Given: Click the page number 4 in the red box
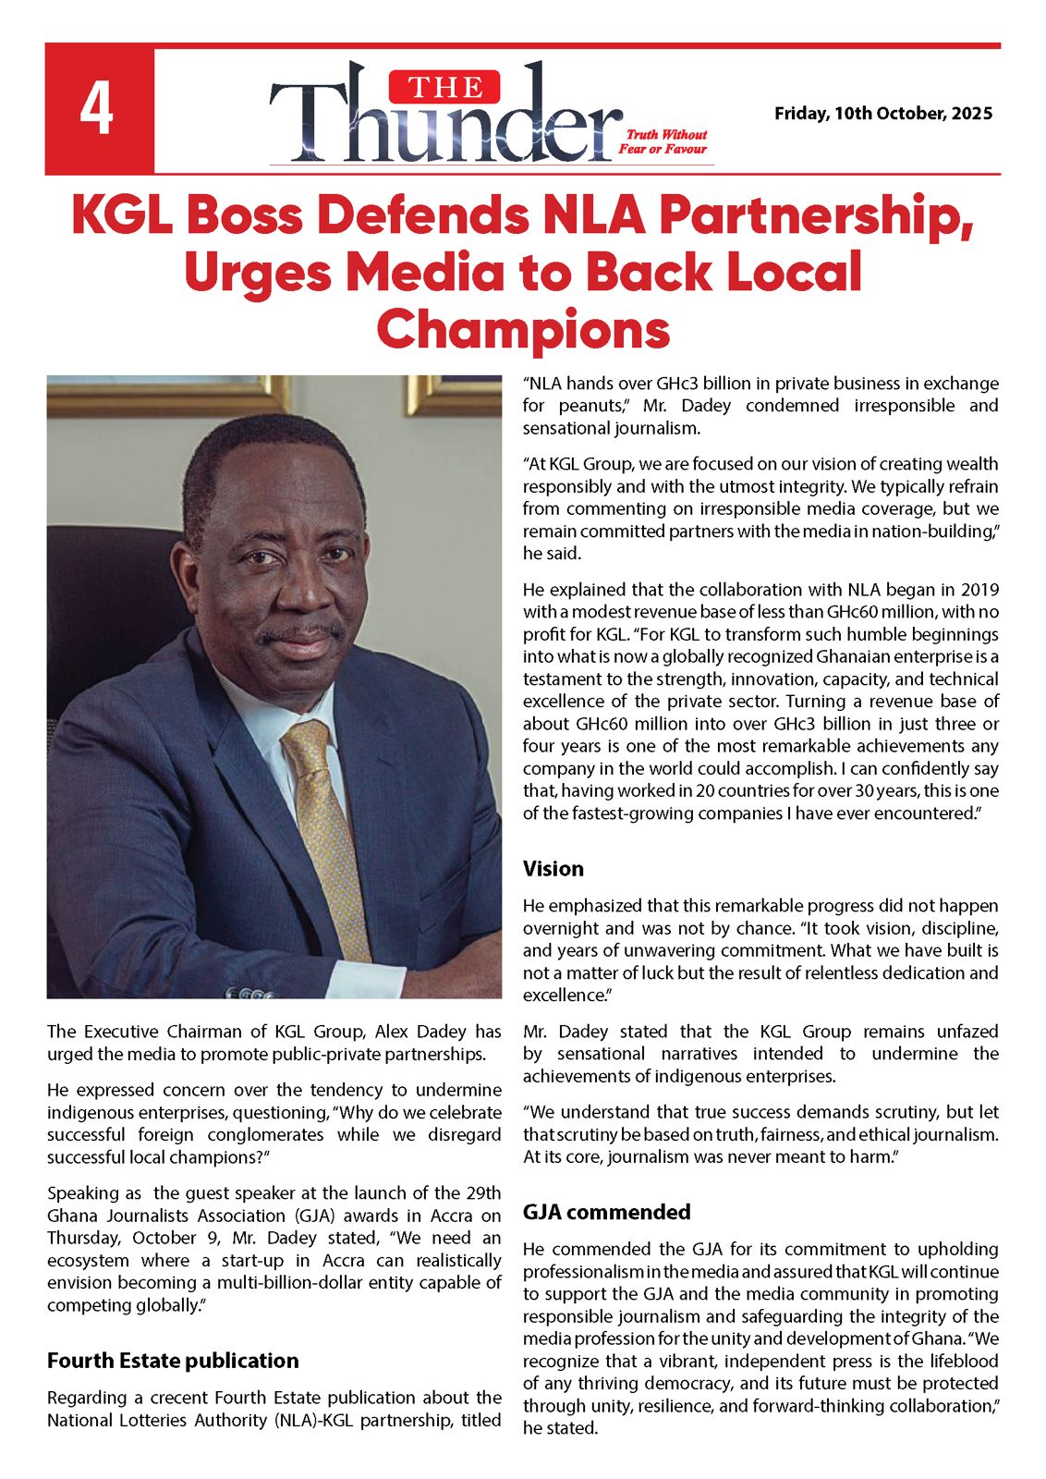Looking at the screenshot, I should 97,109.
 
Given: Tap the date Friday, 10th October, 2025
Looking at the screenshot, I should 882,114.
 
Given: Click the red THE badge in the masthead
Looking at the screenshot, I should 444,88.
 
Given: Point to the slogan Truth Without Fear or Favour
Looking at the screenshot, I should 663,141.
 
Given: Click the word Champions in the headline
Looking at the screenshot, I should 523,328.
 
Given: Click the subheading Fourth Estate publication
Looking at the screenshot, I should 173,1361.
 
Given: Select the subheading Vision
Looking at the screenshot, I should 553,869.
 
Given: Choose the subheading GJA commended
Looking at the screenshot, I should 606,1212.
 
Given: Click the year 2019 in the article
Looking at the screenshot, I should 979,590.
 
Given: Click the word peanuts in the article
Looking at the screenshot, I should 589,406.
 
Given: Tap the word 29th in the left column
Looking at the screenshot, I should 481,1193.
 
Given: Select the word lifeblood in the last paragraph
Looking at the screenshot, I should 957,1362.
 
